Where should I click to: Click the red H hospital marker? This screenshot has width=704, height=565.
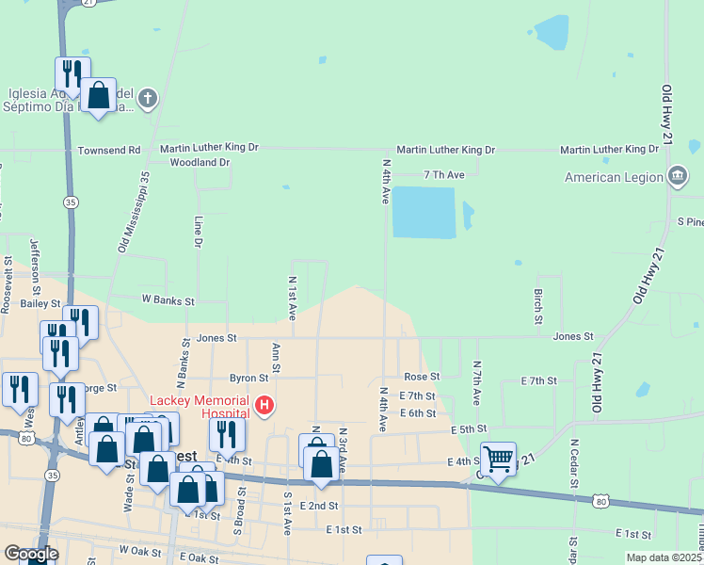[265, 406]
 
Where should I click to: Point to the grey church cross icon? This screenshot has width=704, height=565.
[148, 98]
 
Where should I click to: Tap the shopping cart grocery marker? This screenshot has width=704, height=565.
[498, 460]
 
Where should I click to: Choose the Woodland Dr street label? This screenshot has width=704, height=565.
[200, 162]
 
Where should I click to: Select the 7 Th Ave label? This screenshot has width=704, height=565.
[444, 175]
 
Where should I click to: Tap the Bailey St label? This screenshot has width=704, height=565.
[40, 304]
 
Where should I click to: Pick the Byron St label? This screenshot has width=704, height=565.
[249, 378]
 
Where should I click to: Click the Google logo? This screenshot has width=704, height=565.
[30, 555]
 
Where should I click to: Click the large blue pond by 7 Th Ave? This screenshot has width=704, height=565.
[423, 212]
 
